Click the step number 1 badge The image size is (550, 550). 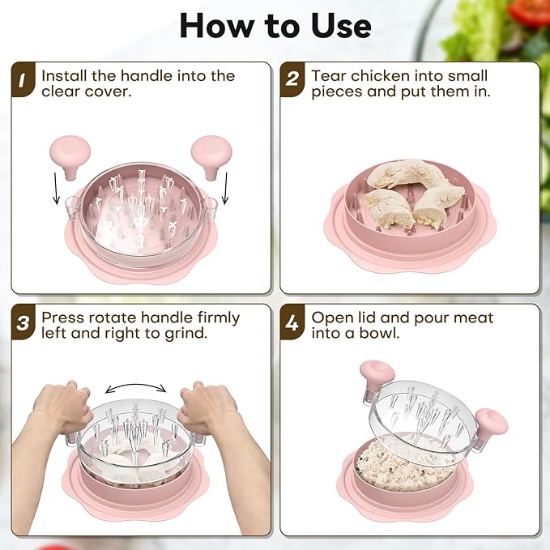tap(23, 79)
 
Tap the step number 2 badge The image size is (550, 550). tap(292, 79)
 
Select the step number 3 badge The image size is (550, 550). tap(23, 322)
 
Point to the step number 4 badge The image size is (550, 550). tap(292, 322)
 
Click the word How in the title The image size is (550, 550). tap(217, 27)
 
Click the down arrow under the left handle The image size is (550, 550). tap(56, 189)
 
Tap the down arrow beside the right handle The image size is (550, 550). tap(225, 189)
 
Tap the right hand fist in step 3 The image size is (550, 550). tap(207, 406)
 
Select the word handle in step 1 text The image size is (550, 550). tap(147, 76)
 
